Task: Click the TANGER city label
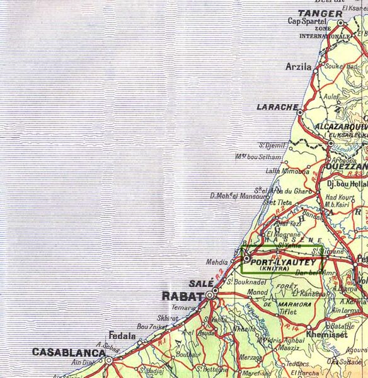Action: [x=320, y=13]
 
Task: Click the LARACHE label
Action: [x=277, y=107]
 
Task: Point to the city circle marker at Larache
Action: [x=300, y=113]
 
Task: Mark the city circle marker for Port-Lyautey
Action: [x=246, y=258]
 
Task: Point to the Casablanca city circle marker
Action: [x=109, y=360]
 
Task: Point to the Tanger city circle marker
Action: [x=341, y=23]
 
